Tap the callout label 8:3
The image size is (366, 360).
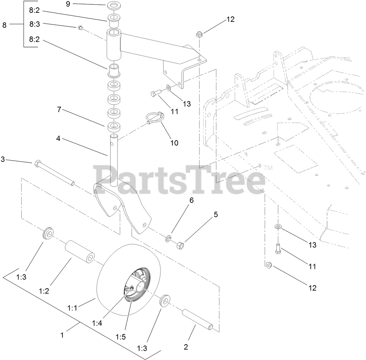click(34, 25)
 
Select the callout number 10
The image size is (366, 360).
click(174, 143)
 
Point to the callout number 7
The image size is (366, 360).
click(59, 110)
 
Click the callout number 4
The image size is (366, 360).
click(58, 138)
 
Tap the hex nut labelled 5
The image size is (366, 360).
click(180, 246)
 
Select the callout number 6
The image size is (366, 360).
click(191, 200)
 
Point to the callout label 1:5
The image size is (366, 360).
click(121, 336)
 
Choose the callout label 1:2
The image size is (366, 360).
click(44, 291)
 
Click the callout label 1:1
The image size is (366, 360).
click(73, 308)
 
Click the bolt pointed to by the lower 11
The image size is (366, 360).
click(278, 249)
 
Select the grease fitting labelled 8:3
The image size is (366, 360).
click(80, 28)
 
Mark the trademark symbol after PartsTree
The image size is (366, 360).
click(268, 167)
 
